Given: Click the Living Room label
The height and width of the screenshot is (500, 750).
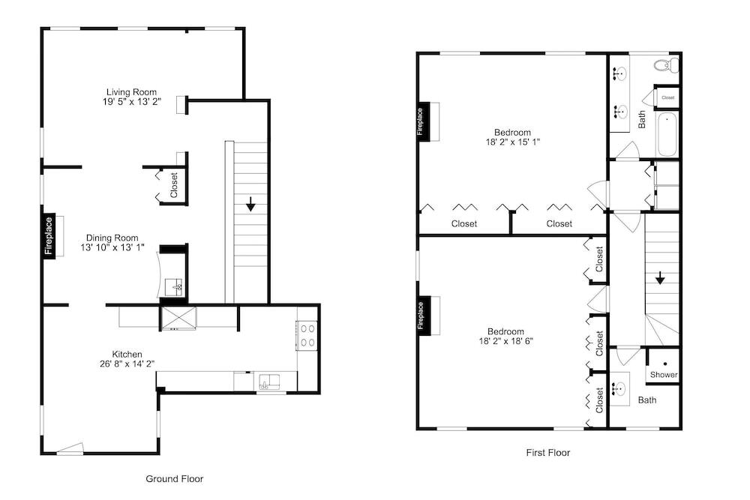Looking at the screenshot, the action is point(131,91).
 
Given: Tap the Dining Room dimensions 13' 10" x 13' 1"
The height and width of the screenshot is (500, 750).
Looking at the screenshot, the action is point(112,247).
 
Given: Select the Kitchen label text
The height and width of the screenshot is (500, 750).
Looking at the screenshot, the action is point(127,355).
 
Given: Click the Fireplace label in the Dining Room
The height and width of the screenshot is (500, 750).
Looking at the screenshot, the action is point(49,235).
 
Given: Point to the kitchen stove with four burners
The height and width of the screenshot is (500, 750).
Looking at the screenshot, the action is point(307,336).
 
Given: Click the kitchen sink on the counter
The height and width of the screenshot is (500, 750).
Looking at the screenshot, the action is point(270,382).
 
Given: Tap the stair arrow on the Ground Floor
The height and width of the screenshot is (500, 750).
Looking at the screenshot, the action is point(250,205).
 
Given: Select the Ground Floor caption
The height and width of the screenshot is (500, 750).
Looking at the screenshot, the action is point(175,478).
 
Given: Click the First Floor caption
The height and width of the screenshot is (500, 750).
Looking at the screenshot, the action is point(548,452).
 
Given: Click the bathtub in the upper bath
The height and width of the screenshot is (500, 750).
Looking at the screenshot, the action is point(667,134).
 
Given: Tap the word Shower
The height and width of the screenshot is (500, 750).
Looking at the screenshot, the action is point(664,375).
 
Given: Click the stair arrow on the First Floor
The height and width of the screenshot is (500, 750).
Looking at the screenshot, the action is point(660,277).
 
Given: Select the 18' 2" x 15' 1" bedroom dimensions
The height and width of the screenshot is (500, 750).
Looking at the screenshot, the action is point(513,142).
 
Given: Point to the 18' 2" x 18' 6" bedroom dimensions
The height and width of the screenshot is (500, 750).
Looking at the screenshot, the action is point(506,341).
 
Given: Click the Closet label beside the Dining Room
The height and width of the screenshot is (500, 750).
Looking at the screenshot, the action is point(174,185).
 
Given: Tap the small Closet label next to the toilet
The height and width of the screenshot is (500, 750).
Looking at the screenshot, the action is point(668,97).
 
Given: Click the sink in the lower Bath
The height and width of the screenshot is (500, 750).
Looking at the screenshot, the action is point(620,388).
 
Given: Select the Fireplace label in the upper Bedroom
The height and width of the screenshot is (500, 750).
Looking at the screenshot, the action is point(420,122).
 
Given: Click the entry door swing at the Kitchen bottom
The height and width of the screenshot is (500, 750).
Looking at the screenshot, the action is point(70,448).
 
